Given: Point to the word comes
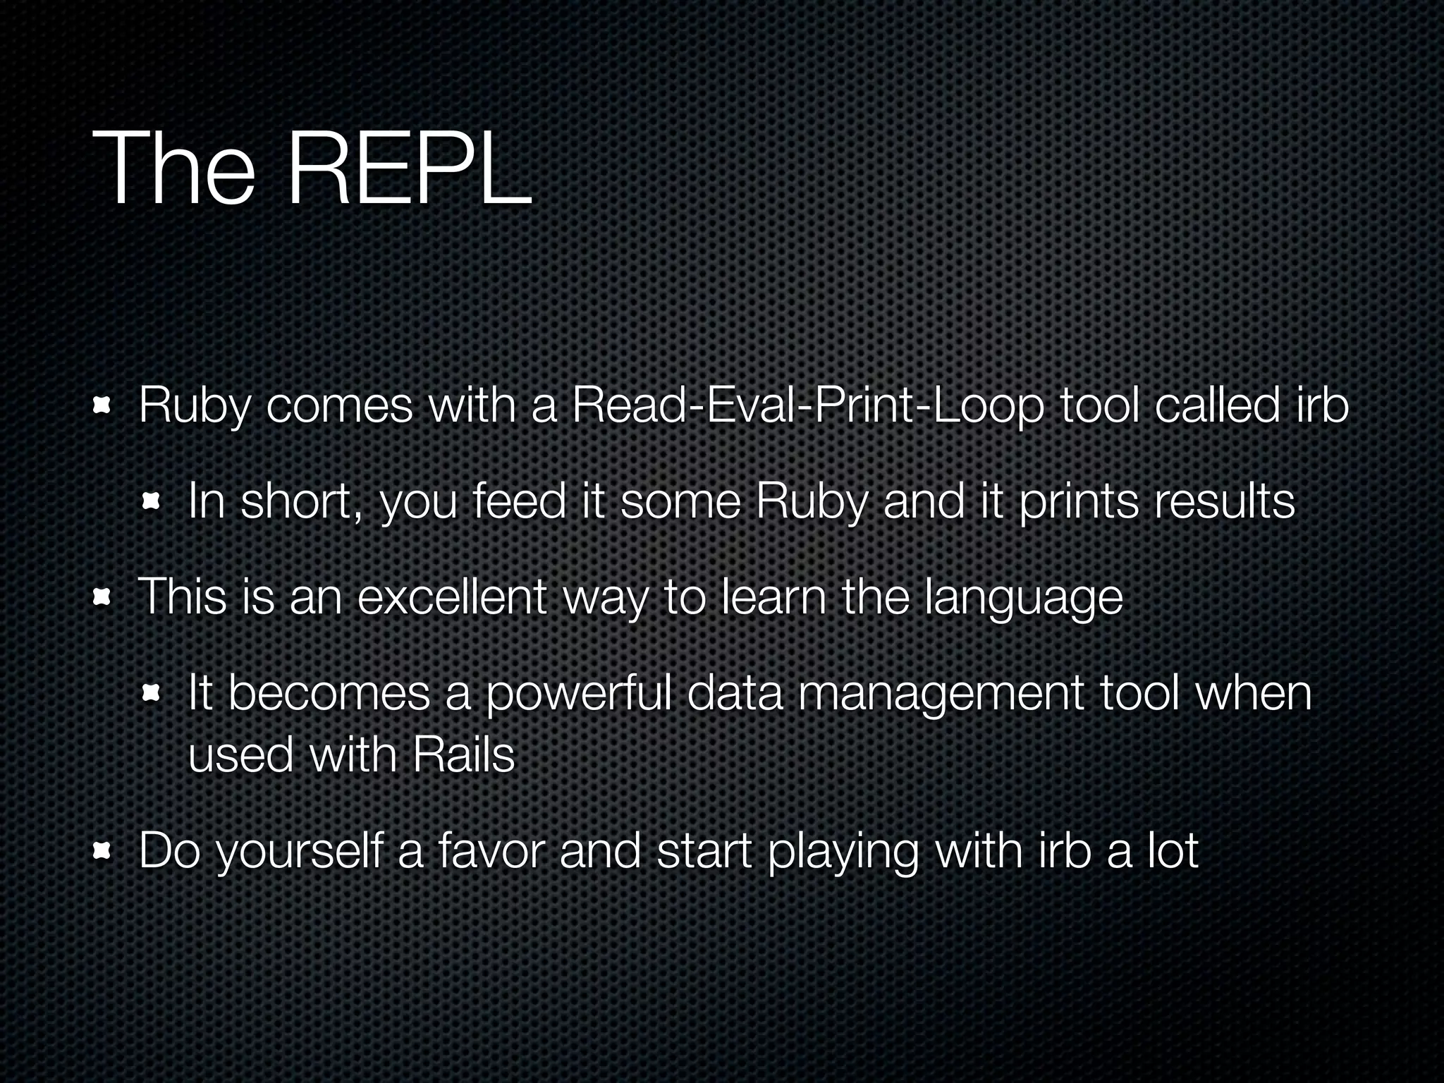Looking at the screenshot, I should pos(339,408).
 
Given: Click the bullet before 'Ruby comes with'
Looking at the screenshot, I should pos(103,407).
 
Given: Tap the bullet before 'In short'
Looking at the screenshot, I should pos(152,502).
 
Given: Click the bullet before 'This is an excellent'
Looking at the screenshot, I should pos(103,598).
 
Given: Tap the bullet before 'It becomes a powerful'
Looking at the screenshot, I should pos(152,695).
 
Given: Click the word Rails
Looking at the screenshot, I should pos(464,755).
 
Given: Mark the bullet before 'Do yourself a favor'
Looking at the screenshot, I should pos(103,852).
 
